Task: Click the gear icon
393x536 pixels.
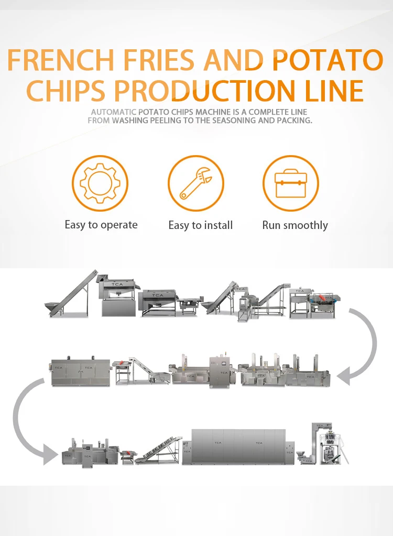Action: pyautogui.click(x=100, y=183)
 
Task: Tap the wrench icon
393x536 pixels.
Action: pyautogui.click(x=196, y=183)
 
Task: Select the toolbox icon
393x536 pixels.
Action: pyautogui.click(x=290, y=183)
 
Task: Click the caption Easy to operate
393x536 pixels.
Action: pyautogui.click(x=101, y=225)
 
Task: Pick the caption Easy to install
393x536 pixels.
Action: pyautogui.click(x=201, y=225)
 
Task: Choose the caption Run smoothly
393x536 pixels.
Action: pyautogui.click(x=295, y=225)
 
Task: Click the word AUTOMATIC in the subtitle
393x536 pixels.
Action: pyautogui.click(x=114, y=112)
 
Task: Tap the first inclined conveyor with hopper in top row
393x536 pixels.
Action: pyautogui.click(x=71, y=296)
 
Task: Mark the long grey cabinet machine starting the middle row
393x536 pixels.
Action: pyautogui.click(x=81, y=372)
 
